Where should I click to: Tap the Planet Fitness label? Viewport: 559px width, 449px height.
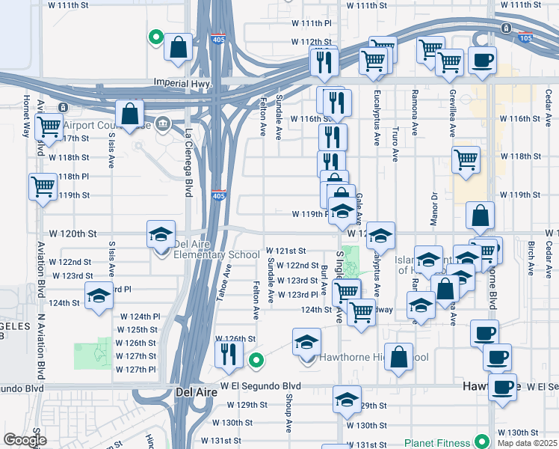(439, 442)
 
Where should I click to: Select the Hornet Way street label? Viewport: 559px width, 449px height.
(27, 116)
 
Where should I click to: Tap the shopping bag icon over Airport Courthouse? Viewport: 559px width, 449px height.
(129, 114)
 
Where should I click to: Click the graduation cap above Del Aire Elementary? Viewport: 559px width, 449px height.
(161, 234)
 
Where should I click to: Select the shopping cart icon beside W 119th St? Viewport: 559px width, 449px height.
(43, 186)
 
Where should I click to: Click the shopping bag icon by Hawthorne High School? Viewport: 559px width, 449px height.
(400, 357)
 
